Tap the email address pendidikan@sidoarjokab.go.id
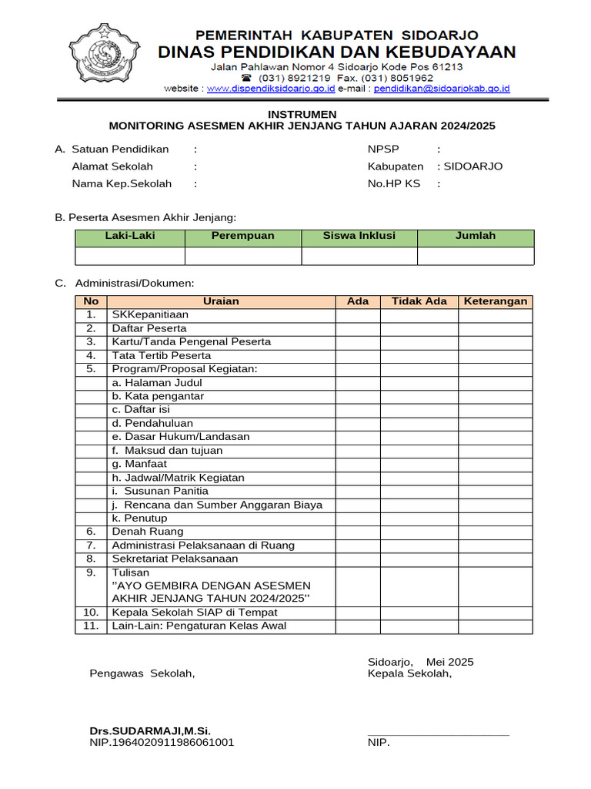tap(442, 89)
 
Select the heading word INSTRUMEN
tap(302, 113)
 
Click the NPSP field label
tap(384, 149)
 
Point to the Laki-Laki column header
tap(130, 236)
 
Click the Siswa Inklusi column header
tap(359, 236)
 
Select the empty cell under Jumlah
tap(475, 256)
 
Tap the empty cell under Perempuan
tap(242, 256)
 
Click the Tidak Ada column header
tap(419, 301)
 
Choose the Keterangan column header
tap(496, 301)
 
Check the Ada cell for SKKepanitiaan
tap(358, 315)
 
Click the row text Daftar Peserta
tap(149, 328)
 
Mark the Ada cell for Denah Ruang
tap(358, 532)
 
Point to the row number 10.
tap(91, 612)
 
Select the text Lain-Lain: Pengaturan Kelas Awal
tap(199, 626)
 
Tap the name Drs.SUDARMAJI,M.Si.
tap(150, 730)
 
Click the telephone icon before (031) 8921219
tap(247, 78)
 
